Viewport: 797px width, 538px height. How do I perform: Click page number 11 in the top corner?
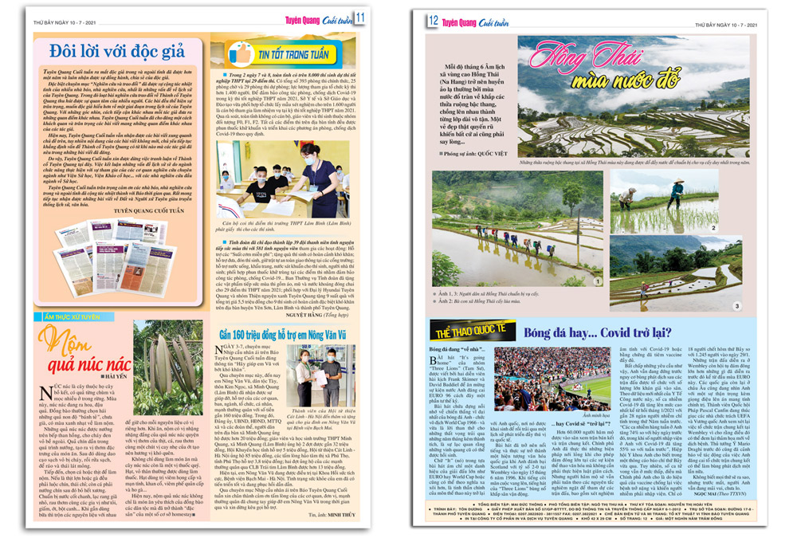coord(360,18)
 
